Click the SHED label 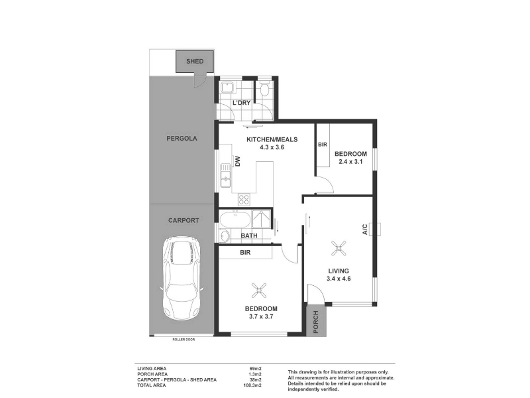click(195, 61)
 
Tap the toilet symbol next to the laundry click(264, 89)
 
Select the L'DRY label click(241, 103)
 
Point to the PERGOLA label click(182, 139)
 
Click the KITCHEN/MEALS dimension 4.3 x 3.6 click(272, 147)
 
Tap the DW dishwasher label click(237, 161)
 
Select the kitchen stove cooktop click(244, 199)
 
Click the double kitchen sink click(225, 175)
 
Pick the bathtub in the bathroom click(235, 220)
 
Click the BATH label click(249, 235)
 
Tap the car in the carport click(182, 278)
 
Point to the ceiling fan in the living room click(339, 248)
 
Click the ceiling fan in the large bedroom click(259, 291)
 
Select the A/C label click(365, 229)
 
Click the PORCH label click(316, 322)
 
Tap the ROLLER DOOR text click(184, 340)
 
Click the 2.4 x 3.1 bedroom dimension click(350, 162)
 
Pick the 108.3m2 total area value click(252, 385)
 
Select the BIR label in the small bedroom click(323, 145)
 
